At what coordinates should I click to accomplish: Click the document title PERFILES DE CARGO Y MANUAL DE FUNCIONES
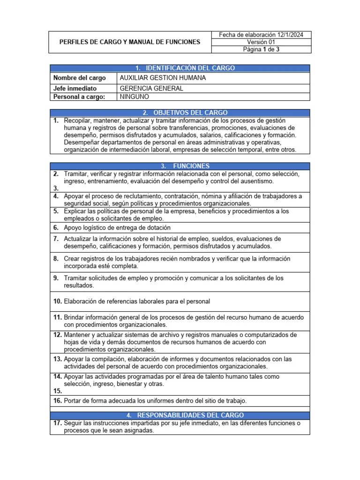coord(129,42)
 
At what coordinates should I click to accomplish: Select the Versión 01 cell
coord(261,42)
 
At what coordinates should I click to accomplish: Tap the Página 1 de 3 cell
coord(261,50)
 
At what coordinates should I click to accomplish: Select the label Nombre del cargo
coord(79,78)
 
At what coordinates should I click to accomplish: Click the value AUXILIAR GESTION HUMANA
coord(163,78)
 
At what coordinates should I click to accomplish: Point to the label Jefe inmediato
coord(75,88)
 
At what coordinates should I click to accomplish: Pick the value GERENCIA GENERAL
coord(151,88)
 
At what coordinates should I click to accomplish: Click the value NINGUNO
coord(134,97)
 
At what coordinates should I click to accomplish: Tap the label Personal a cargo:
coord(79,97)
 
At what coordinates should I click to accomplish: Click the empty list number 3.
coord(55,188)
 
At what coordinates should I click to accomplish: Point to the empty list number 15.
coord(57,390)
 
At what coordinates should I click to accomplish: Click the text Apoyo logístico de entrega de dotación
coord(117,227)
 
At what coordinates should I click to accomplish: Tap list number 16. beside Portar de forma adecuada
coord(57,400)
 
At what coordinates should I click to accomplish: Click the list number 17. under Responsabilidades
coord(57,423)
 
